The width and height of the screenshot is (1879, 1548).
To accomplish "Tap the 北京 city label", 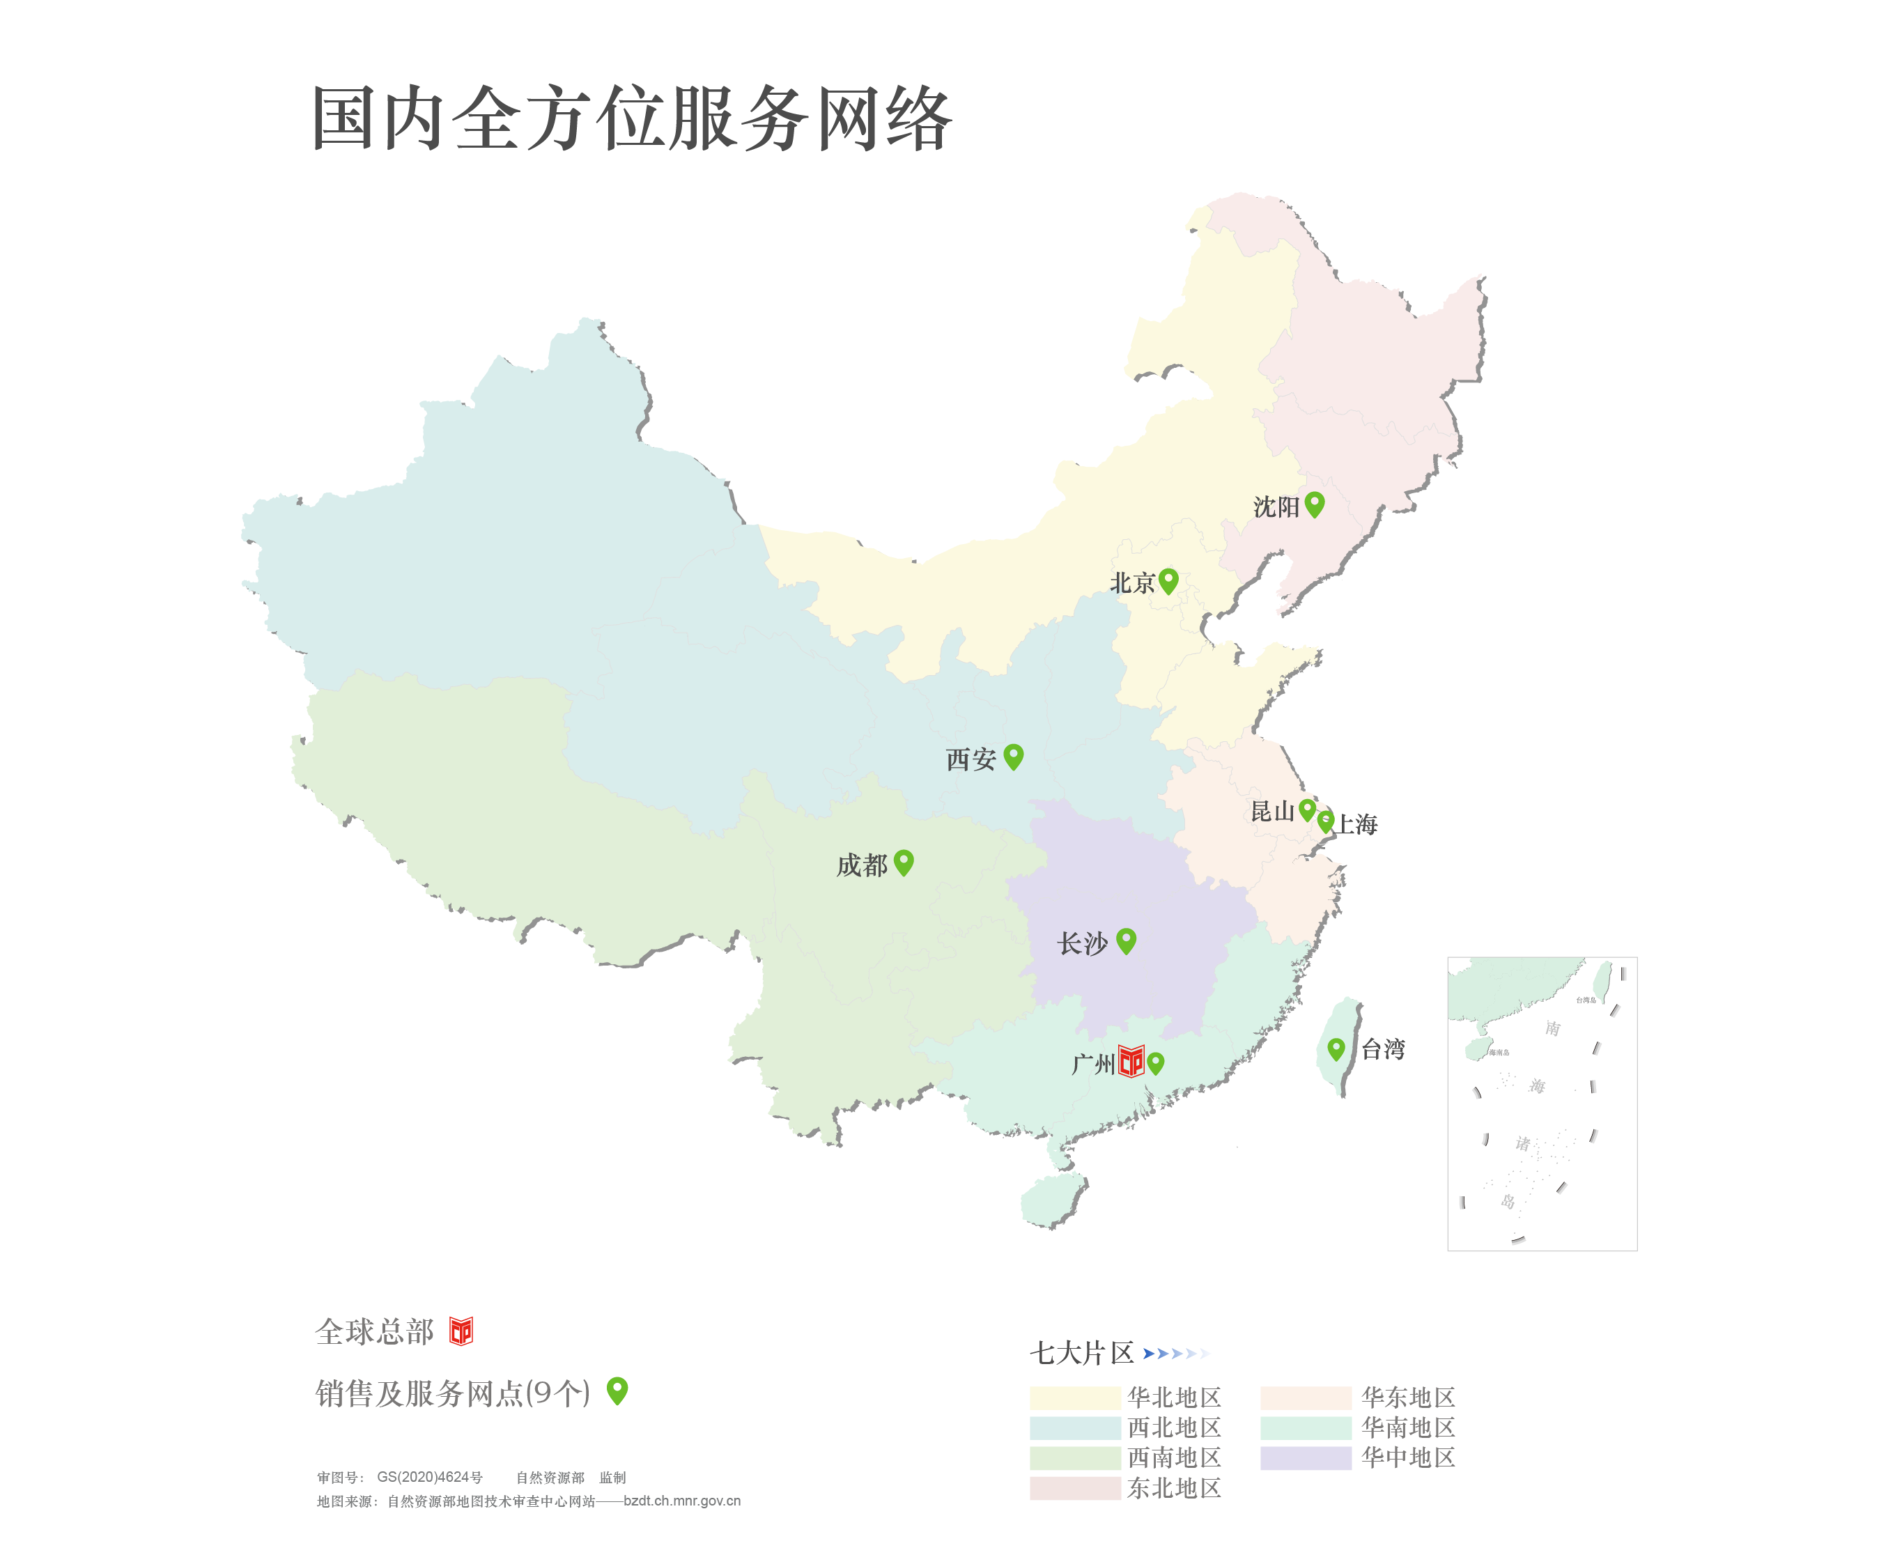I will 1131,583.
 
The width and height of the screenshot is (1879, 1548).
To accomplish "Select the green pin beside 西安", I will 1013,756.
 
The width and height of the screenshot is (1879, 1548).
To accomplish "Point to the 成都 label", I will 861,865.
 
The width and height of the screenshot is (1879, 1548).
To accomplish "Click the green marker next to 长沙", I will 1127,940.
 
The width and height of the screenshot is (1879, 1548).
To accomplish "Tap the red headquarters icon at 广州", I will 1131,1061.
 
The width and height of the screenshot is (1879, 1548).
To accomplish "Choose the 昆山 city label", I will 1271,812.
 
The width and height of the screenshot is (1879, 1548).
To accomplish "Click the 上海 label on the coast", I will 1356,825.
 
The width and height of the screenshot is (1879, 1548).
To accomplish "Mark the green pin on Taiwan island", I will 1336,1048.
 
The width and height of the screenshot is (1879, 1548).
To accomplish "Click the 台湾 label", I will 1383,1050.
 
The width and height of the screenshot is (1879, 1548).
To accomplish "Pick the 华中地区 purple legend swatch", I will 1306,1458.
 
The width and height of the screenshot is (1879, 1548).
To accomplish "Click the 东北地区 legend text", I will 1174,1488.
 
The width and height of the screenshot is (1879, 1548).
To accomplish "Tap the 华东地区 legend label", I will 1407,1398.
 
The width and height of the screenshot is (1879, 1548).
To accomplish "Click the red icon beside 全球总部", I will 461,1331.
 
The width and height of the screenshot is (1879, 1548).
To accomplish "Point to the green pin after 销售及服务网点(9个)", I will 617,1390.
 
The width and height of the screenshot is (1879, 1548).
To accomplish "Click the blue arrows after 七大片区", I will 1176,1354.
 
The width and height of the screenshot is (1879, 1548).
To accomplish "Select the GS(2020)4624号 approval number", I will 429,1478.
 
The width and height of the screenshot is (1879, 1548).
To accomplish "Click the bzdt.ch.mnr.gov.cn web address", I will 682,1501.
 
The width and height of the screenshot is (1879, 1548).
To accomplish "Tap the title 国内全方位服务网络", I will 631,118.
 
